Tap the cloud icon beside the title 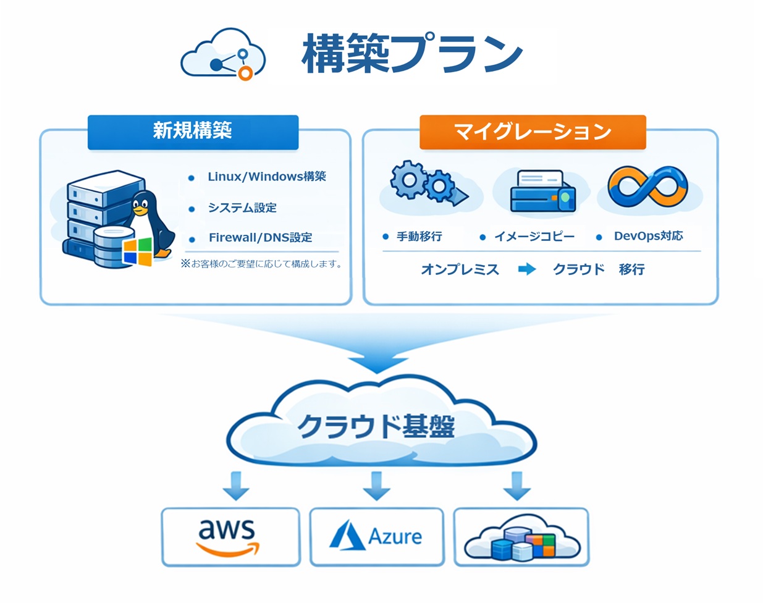point(224,54)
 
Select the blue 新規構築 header point(193,131)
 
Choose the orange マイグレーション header point(533,131)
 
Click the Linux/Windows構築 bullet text point(267,177)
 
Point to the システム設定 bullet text point(242,208)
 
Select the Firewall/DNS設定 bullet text point(260,237)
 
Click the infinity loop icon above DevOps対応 point(647,187)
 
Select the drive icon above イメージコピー point(542,192)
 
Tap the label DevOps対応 point(648,236)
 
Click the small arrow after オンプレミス point(527,269)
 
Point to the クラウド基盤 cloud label point(376,427)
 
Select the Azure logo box point(376,536)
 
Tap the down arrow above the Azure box point(376,486)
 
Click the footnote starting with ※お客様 point(261,264)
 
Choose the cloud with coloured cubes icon point(522,538)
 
